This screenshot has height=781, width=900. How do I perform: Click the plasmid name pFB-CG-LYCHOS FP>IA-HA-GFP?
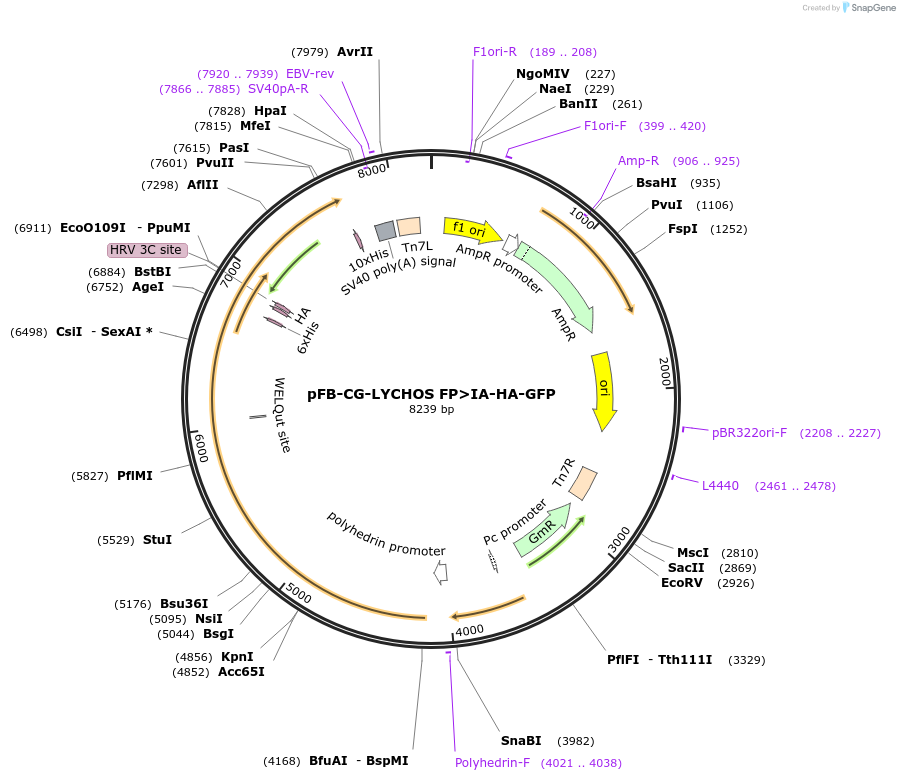pos(431,394)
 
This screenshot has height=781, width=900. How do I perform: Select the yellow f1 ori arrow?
pos(472,230)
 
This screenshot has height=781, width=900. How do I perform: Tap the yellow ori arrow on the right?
pos(604,390)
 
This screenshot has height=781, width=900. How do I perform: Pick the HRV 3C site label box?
pos(147,250)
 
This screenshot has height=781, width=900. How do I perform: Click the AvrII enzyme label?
pos(355,52)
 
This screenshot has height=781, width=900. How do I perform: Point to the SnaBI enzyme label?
pos(521,741)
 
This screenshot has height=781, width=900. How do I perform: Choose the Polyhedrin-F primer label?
pos(492,763)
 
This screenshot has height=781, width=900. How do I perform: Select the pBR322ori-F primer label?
pos(749,433)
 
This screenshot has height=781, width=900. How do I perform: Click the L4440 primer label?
pos(720,486)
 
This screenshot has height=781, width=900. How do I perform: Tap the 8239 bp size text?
pos(431,409)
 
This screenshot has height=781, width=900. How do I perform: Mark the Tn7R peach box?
pos(583,483)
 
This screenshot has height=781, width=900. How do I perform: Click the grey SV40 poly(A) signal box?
pos(385,231)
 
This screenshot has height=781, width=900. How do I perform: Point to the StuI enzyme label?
pos(157,540)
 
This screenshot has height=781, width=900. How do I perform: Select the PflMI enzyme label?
pos(135,476)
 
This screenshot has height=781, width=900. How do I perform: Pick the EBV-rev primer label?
pos(310,74)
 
